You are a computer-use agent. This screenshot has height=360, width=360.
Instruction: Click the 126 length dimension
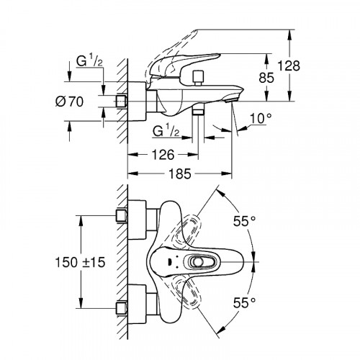[162, 153]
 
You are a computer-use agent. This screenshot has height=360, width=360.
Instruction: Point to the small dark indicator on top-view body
[167, 262]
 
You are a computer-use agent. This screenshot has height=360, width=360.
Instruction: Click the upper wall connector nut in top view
[120, 216]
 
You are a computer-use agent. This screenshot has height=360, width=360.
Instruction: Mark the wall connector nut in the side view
[120, 102]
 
